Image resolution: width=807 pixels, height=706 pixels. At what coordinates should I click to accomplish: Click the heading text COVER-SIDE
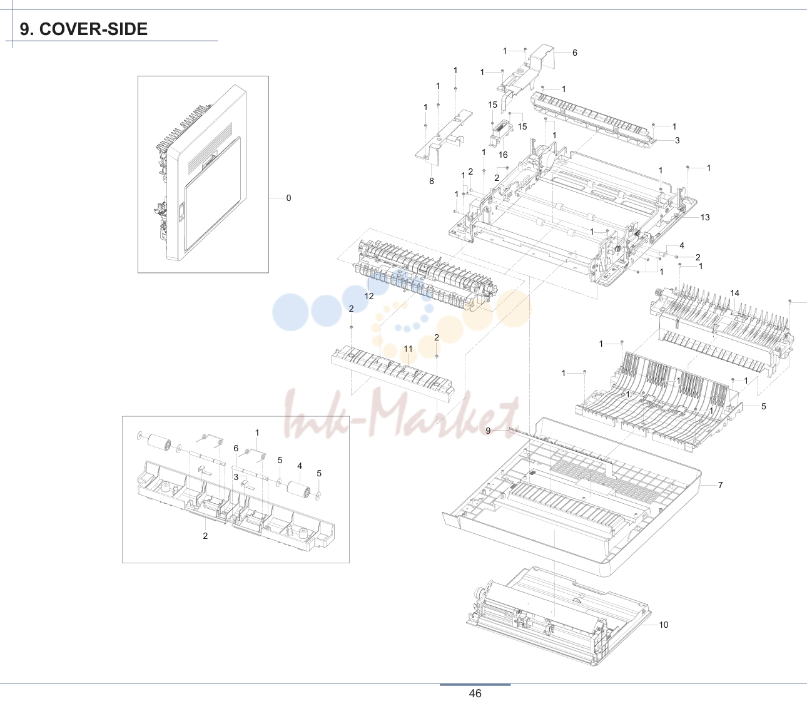93,29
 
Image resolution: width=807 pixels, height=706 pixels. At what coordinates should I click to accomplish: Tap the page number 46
475,693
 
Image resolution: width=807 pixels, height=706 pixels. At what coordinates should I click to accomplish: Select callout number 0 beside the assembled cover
288,198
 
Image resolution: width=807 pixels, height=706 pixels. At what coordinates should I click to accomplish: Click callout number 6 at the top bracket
575,53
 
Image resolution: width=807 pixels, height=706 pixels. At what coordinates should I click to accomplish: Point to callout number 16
503,155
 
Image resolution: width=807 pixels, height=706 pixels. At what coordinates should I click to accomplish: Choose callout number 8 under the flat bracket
432,181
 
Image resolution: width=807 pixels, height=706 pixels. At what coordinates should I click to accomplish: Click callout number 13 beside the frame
705,217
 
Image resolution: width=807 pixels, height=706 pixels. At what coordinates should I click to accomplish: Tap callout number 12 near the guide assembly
369,297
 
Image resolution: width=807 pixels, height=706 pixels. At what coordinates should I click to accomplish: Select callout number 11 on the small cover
409,349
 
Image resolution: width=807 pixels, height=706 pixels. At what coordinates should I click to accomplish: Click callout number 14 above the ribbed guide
734,293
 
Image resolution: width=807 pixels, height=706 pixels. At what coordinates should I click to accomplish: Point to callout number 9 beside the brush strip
488,431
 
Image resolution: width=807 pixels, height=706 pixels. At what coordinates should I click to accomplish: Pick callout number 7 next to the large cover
720,485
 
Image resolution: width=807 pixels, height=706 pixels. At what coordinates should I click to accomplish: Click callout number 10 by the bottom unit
663,625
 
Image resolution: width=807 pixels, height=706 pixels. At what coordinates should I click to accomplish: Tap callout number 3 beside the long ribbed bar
678,140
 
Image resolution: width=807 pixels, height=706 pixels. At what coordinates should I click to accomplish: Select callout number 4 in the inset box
300,466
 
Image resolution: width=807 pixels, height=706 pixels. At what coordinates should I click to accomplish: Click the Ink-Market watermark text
401,414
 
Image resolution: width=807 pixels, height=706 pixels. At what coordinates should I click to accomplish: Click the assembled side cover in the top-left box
201,173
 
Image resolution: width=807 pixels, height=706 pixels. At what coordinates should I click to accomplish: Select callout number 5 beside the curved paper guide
764,406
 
